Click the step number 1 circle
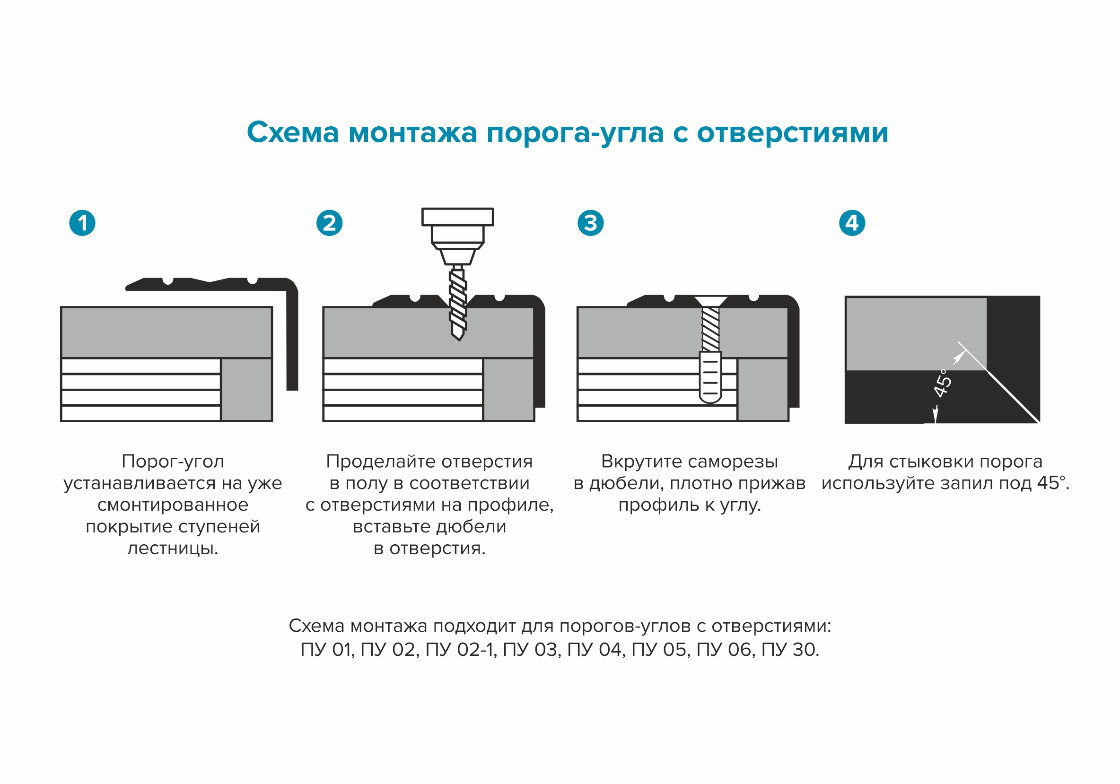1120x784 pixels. tap(82, 223)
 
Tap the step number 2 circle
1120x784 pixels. tap(329, 223)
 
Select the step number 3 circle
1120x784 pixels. tap(590, 223)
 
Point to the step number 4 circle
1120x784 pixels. tap(852, 223)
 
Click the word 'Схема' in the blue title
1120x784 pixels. tap(293, 132)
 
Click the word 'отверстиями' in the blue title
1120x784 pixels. tap(792, 132)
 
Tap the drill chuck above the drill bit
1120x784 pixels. tap(457, 229)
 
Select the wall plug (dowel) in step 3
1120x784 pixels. tap(710, 378)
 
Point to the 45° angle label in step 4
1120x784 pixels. tap(942, 383)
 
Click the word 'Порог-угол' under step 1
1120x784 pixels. tap(173, 461)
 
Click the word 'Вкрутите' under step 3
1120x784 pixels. tap(635, 461)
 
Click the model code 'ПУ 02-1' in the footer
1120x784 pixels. tap(461, 650)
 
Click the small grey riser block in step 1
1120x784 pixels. tap(246, 390)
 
